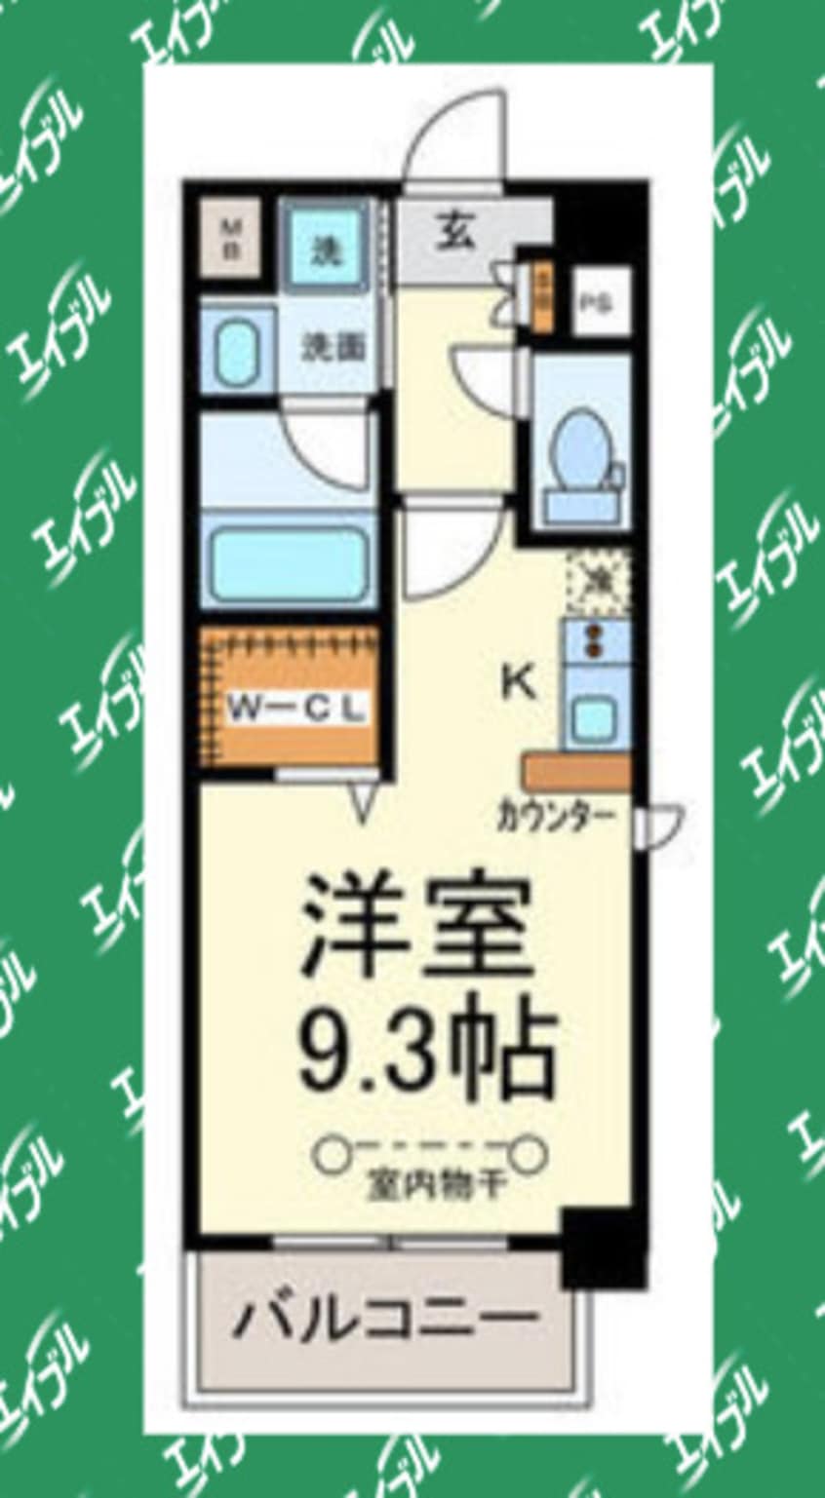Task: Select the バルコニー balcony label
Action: pyautogui.click(x=385, y=1320)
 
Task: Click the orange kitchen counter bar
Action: pyautogui.click(x=575, y=771)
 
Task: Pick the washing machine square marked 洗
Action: pyautogui.click(x=327, y=250)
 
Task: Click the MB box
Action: pyautogui.click(x=232, y=238)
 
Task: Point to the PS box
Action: pyautogui.click(x=598, y=302)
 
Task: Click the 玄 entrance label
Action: pyautogui.click(x=454, y=235)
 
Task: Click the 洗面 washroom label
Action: pyautogui.click(x=331, y=347)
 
